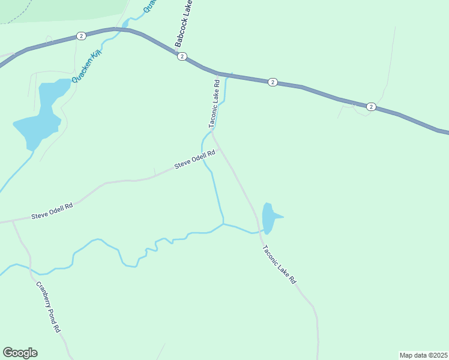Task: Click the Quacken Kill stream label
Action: click(87, 67)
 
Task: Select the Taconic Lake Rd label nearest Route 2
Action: click(214, 103)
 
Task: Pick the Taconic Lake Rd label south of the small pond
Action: click(279, 265)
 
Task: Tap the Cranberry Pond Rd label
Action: click(48, 307)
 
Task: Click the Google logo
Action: click(20, 353)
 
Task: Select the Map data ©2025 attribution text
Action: click(423, 355)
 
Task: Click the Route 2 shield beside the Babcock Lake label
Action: click(181, 56)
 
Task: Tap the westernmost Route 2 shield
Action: click(81, 37)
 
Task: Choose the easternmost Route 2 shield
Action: click(371, 107)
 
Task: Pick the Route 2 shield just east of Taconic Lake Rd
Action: click(273, 82)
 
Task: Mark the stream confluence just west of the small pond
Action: click(223, 224)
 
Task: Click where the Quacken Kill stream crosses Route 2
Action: click(125, 28)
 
